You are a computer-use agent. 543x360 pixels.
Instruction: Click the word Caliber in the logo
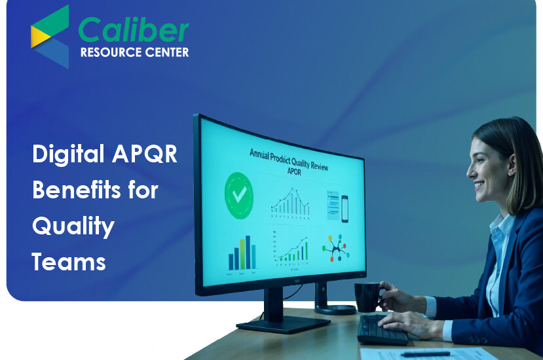134,30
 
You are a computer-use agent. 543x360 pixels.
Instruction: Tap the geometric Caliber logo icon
50,36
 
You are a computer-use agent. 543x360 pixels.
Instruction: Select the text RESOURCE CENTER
134,52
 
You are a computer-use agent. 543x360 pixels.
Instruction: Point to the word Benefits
77,191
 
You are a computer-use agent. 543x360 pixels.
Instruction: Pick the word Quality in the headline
73,227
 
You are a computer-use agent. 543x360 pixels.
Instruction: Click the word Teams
69,262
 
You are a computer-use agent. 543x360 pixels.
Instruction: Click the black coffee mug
367,295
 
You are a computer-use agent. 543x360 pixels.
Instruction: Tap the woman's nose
468,171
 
